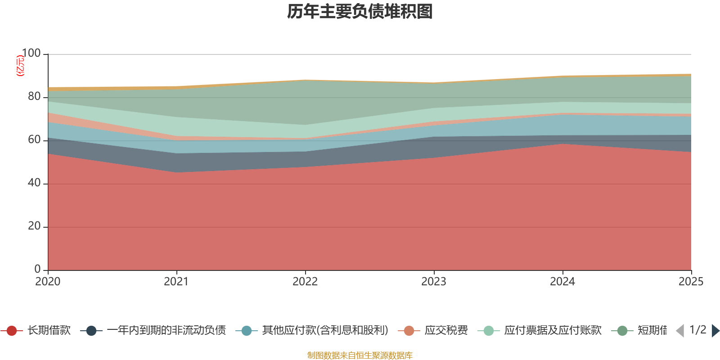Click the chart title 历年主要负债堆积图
pyautogui.click(x=360, y=12)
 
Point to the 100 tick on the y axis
pyautogui.click(x=31, y=54)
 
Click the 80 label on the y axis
pyautogui.click(x=34, y=97)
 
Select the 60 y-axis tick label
pyautogui.click(x=34, y=140)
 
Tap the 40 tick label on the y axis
pyautogui.click(x=34, y=183)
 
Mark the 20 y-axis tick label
pyautogui.click(x=34, y=226)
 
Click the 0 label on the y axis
pyautogui.click(x=38, y=269)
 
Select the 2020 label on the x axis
pyautogui.click(x=48, y=282)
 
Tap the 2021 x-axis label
pyautogui.click(x=176, y=282)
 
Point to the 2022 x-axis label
pyautogui.click(x=305, y=282)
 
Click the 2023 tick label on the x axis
pyautogui.click(x=434, y=282)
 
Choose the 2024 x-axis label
pyautogui.click(x=562, y=282)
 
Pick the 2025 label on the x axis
pyautogui.click(x=691, y=282)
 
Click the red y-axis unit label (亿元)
pyautogui.click(x=20, y=66)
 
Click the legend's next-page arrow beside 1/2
pyautogui.click(x=715, y=331)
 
